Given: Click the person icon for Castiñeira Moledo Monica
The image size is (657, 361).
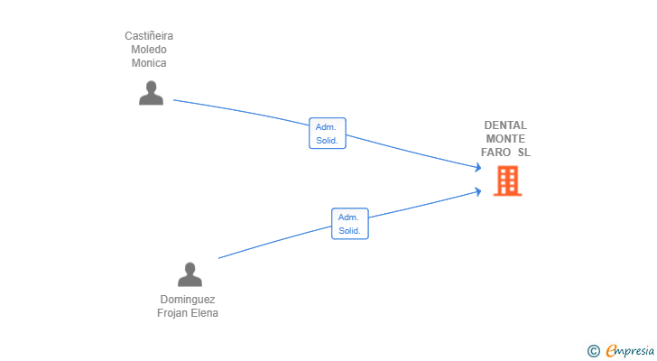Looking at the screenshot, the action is click(151, 93).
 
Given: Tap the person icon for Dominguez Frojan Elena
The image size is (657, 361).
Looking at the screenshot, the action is click(190, 274).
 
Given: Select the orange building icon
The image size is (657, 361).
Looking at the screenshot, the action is click(507, 180).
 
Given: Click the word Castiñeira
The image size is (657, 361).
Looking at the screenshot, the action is click(149, 36).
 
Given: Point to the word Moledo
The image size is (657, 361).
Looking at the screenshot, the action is click(149, 50).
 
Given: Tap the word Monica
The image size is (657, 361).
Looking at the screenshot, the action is click(149, 63).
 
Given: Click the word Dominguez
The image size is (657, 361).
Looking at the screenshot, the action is click(188, 300).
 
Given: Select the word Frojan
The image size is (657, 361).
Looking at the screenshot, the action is click(171, 313).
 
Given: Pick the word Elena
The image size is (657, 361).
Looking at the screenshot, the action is click(204, 313).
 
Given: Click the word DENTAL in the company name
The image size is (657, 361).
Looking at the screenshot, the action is click(505, 125).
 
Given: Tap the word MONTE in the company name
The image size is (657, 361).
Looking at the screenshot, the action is click(505, 139).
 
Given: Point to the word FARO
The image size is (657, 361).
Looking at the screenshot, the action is click(495, 152).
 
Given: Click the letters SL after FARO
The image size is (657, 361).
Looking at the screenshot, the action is click(523, 152).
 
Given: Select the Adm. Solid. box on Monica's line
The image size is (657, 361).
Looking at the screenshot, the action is click(328, 134).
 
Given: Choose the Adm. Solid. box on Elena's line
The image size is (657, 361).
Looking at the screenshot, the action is click(350, 224).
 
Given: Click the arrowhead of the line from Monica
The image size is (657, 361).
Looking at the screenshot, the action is click(478, 168).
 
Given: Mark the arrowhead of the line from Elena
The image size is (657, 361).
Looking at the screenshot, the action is click(478, 192).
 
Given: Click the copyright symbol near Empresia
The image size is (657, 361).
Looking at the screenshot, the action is click(593, 351).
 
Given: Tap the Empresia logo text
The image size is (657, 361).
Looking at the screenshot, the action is click(630, 350).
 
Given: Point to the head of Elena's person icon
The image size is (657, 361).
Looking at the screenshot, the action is click(190, 268).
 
